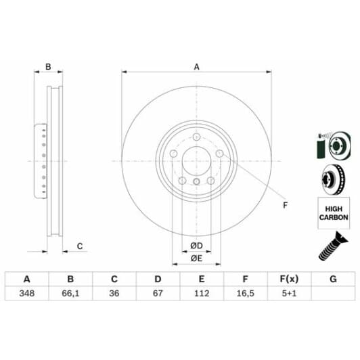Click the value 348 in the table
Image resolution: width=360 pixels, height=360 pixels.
(27, 294)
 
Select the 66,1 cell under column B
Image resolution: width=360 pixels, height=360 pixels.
(70, 294)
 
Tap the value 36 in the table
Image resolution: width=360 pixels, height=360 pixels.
(114, 294)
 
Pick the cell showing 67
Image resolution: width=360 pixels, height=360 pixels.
(158, 294)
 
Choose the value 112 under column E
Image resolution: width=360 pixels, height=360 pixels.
(201, 294)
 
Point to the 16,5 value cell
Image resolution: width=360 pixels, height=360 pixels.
(245, 294)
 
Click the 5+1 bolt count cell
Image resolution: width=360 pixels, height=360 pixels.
(288, 294)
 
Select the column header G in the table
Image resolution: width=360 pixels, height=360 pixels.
(332, 279)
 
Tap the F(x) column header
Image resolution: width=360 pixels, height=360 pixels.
(288, 279)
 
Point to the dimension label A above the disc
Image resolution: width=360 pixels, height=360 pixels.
(197, 66)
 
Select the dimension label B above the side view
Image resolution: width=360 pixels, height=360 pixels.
(48, 66)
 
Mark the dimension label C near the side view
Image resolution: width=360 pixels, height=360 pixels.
(79, 246)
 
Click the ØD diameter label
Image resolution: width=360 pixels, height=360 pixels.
(196, 244)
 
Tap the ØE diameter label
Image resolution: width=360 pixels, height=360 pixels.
(196, 258)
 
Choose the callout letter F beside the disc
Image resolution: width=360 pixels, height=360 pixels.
(285, 205)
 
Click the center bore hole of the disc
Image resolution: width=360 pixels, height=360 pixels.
(196, 160)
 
